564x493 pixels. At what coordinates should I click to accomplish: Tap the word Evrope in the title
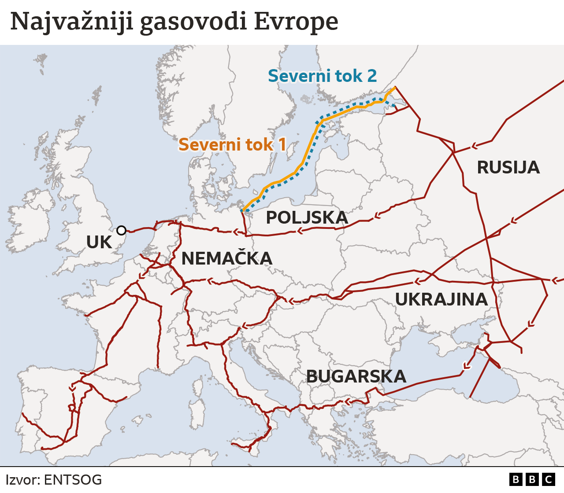(296, 22)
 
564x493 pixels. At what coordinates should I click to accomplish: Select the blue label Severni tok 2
(322, 76)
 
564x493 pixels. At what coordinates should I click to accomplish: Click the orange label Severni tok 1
(232, 144)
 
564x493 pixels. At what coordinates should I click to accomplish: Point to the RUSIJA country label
(508, 168)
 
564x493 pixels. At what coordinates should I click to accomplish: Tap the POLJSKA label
(307, 217)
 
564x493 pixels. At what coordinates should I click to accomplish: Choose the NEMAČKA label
(226, 258)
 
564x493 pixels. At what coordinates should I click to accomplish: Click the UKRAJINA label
(441, 299)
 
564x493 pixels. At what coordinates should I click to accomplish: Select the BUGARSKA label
(356, 376)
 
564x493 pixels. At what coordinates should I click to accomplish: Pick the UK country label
(99, 243)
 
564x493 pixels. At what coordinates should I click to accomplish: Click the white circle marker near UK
(121, 230)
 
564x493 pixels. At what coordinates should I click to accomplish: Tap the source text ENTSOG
(73, 480)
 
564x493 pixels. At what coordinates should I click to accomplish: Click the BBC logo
(532, 479)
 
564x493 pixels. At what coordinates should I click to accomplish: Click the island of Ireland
(31, 220)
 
